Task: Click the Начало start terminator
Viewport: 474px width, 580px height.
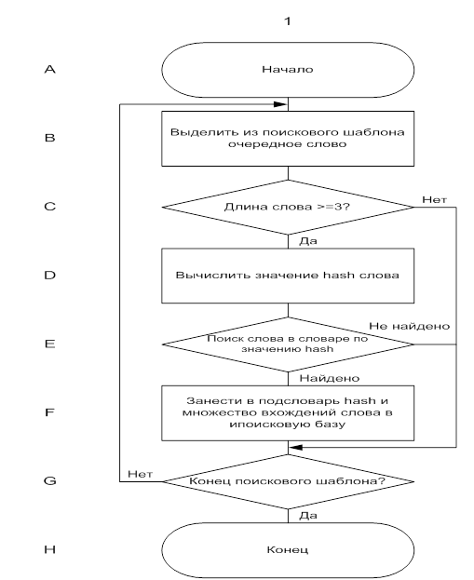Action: [288, 70]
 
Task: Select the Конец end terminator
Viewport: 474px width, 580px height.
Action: [288, 550]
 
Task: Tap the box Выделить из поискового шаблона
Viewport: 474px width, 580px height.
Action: [288, 139]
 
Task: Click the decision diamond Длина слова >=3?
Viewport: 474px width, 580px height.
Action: [288, 207]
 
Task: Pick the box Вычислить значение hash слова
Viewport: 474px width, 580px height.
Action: [288, 276]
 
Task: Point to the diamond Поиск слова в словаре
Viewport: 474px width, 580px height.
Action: [288, 344]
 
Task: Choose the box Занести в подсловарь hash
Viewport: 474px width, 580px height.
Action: [288, 412]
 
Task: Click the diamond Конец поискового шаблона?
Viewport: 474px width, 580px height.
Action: [288, 481]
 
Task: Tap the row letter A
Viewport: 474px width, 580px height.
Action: [50, 69]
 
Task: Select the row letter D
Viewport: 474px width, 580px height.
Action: [50, 276]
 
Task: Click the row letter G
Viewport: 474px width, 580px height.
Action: [50, 481]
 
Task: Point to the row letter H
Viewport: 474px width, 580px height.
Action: [50, 549]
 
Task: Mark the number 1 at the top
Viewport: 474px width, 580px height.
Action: [288, 21]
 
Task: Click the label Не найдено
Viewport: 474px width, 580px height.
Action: [409, 326]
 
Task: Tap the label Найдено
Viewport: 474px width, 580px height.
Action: [330, 378]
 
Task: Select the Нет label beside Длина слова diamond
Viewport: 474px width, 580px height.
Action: [434, 200]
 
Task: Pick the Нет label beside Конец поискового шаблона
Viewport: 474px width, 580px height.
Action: [141, 474]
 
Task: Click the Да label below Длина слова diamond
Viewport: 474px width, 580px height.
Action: [308, 241]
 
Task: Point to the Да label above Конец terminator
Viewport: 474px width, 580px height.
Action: [308, 516]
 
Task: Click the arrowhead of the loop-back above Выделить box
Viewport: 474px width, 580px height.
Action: [280, 104]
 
